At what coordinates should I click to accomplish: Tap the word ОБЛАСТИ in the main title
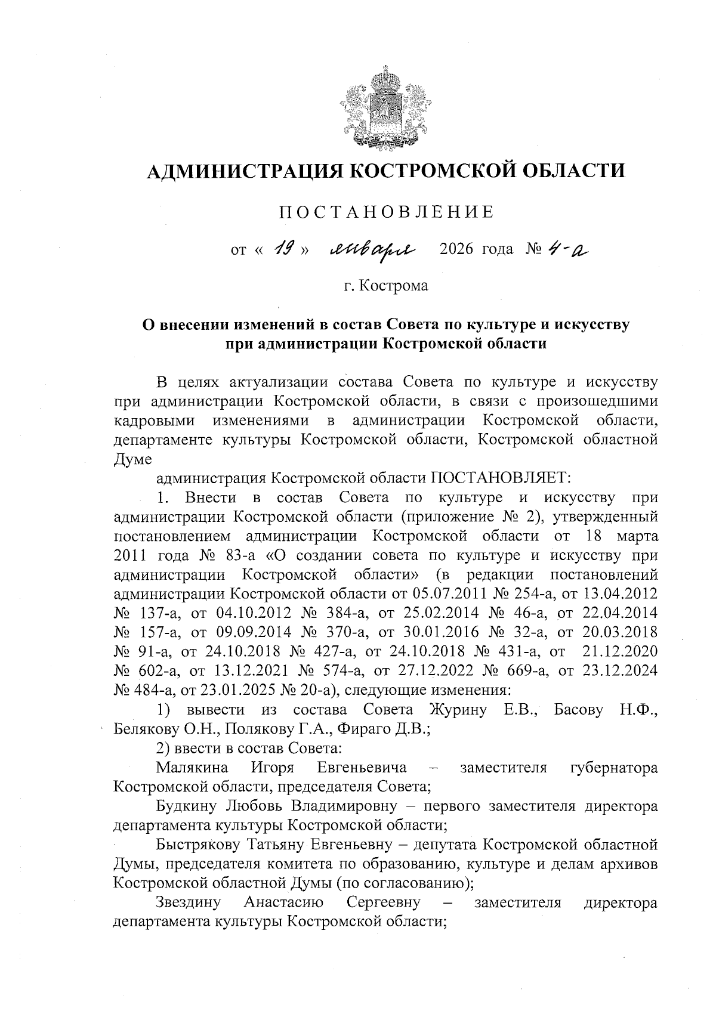pos(574,171)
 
